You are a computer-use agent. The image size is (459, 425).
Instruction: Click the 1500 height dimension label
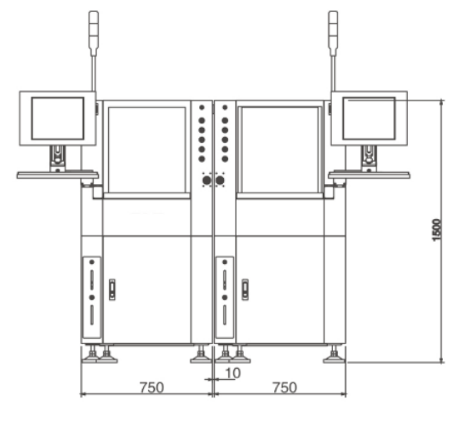pyautogui.click(x=436, y=229)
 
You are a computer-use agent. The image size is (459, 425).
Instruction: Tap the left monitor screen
pyautogui.click(x=57, y=118)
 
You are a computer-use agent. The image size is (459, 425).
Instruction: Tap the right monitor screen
pyautogui.click(x=369, y=118)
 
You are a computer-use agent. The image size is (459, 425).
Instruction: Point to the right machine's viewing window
pyautogui.click(x=279, y=149)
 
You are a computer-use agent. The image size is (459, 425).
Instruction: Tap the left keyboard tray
pyautogui.click(x=57, y=175)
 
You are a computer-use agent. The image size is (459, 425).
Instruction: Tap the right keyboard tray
pyautogui.click(x=369, y=175)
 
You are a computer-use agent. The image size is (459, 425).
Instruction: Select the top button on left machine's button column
pyautogui.click(x=202, y=108)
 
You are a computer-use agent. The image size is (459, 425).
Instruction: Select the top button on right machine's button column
pyautogui.click(x=224, y=108)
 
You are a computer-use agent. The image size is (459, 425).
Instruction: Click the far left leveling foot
pyautogui.click(x=88, y=355)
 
